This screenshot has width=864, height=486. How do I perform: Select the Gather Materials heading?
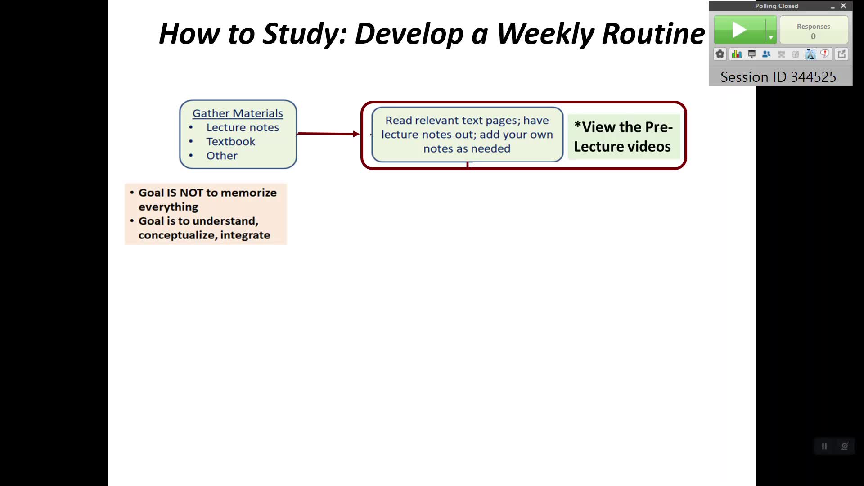click(x=238, y=113)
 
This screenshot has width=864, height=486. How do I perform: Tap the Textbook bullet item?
click(x=230, y=141)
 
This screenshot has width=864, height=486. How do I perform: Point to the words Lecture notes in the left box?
click(x=243, y=127)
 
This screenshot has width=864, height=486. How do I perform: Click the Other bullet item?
click(x=221, y=156)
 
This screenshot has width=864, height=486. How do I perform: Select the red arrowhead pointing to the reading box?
click(x=356, y=134)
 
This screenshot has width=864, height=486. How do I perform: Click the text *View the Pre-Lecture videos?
click(x=623, y=137)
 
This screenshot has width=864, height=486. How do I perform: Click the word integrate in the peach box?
click(x=245, y=235)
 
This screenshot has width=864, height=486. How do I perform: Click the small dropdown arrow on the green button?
click(x=771, y=37)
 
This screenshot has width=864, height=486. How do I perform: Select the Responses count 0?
click(x=813, y=36)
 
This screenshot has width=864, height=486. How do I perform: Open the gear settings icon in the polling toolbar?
click(x=720, y=54)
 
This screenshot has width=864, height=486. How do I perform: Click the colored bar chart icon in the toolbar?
click(x=737, y=54)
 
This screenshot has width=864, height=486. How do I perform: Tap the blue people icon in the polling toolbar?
click(x=766, y=54)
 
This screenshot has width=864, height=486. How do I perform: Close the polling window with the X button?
click(x=843, y=6)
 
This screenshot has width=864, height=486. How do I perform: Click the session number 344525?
click(x=813, y=77)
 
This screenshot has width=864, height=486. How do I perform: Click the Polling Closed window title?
click(x=776, y=6)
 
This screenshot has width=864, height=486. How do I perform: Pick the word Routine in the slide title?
click(x=653, y=33)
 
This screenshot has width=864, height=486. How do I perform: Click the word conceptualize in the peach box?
click(x=177, y=235)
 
